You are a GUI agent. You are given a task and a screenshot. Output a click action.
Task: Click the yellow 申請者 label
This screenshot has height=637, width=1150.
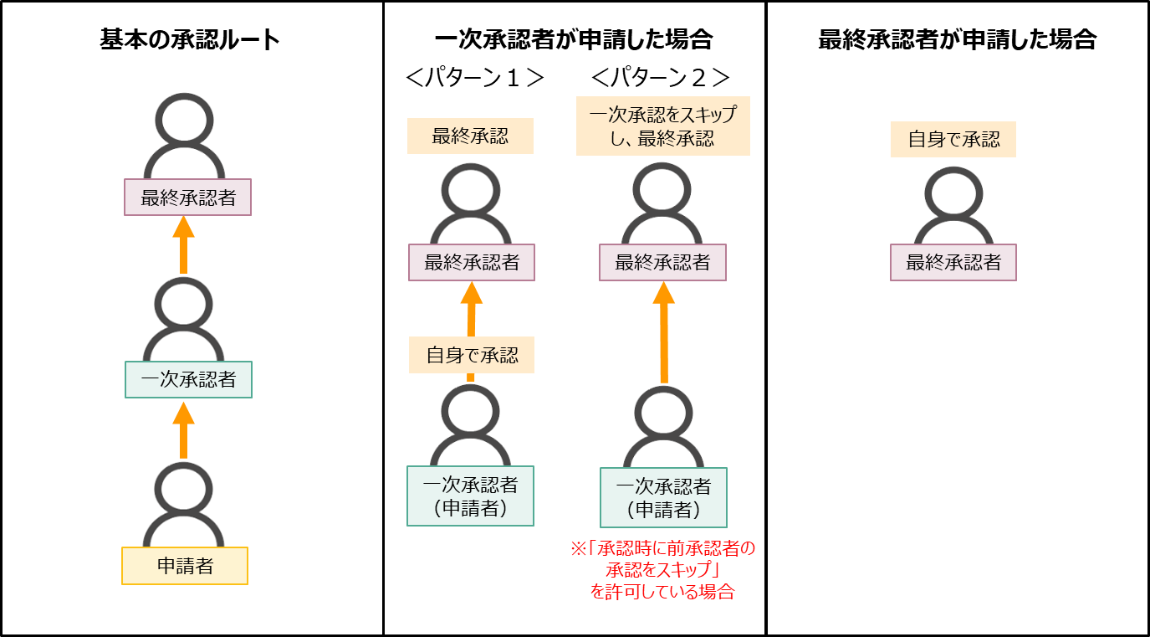(185, 566)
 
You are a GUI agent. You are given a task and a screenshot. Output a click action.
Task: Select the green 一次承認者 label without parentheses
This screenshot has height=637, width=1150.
(188, 379)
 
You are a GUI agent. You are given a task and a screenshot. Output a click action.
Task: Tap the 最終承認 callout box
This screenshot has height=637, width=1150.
(469, 136)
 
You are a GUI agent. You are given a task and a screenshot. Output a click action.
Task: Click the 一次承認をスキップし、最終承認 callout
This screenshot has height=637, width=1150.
(662, 126)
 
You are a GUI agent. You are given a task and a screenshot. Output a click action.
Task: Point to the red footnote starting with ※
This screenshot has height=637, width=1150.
(662, 570)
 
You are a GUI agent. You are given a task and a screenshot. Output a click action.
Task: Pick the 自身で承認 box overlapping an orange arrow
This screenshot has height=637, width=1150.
(471, 354)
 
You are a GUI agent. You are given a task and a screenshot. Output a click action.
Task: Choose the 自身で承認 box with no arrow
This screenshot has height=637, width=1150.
(953, 139)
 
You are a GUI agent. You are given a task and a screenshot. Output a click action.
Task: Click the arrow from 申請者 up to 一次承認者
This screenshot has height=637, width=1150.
(183, 429)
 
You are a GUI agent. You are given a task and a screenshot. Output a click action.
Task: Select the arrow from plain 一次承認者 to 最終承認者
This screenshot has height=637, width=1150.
(183, 244)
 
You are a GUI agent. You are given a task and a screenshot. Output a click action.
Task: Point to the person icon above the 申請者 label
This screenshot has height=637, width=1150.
(183, 501)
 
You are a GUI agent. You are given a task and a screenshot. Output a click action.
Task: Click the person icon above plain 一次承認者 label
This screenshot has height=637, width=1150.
(183, 316)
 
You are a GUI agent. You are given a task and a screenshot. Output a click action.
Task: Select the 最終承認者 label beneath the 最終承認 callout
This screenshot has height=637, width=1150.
(471, 262)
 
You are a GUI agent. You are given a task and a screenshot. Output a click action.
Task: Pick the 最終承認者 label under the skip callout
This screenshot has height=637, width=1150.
(662, 262)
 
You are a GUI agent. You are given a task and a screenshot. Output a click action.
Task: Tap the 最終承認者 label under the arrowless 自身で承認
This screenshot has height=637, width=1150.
(953, 262)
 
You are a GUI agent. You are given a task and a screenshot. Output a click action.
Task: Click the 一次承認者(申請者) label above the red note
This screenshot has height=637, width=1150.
(663, 496)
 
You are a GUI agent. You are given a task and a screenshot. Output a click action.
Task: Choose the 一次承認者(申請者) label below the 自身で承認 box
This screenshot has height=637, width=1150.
(470, 496)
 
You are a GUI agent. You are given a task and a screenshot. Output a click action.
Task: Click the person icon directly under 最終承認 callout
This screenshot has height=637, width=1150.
(470, 202)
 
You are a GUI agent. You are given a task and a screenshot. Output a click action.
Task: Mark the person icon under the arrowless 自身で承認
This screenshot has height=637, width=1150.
(953, 203)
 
